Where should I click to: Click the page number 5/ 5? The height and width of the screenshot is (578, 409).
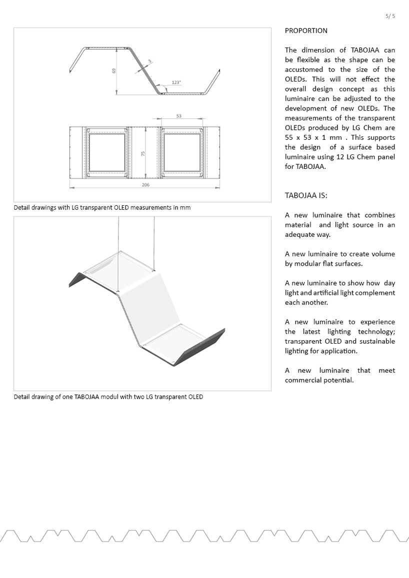click(390, 16)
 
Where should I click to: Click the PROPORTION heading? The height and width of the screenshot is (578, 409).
click(306, 30)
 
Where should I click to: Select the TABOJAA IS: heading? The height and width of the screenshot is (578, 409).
click(306, 196)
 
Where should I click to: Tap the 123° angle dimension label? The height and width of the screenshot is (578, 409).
click(176, 82)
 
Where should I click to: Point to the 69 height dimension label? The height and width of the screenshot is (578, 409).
click(114, 71)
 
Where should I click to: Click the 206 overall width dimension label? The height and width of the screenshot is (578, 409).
click(145, 185)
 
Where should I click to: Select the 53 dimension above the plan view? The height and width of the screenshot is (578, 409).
click(179, 116)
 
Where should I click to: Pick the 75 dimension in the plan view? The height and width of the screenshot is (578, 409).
click(143, 154)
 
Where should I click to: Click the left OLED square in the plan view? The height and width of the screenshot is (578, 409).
click(107, 153)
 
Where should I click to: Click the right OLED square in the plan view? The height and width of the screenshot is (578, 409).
click(182, 153)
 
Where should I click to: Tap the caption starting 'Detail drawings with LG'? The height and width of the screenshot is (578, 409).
click(102, 207)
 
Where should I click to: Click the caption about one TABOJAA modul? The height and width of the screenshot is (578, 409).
click(108, 397)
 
